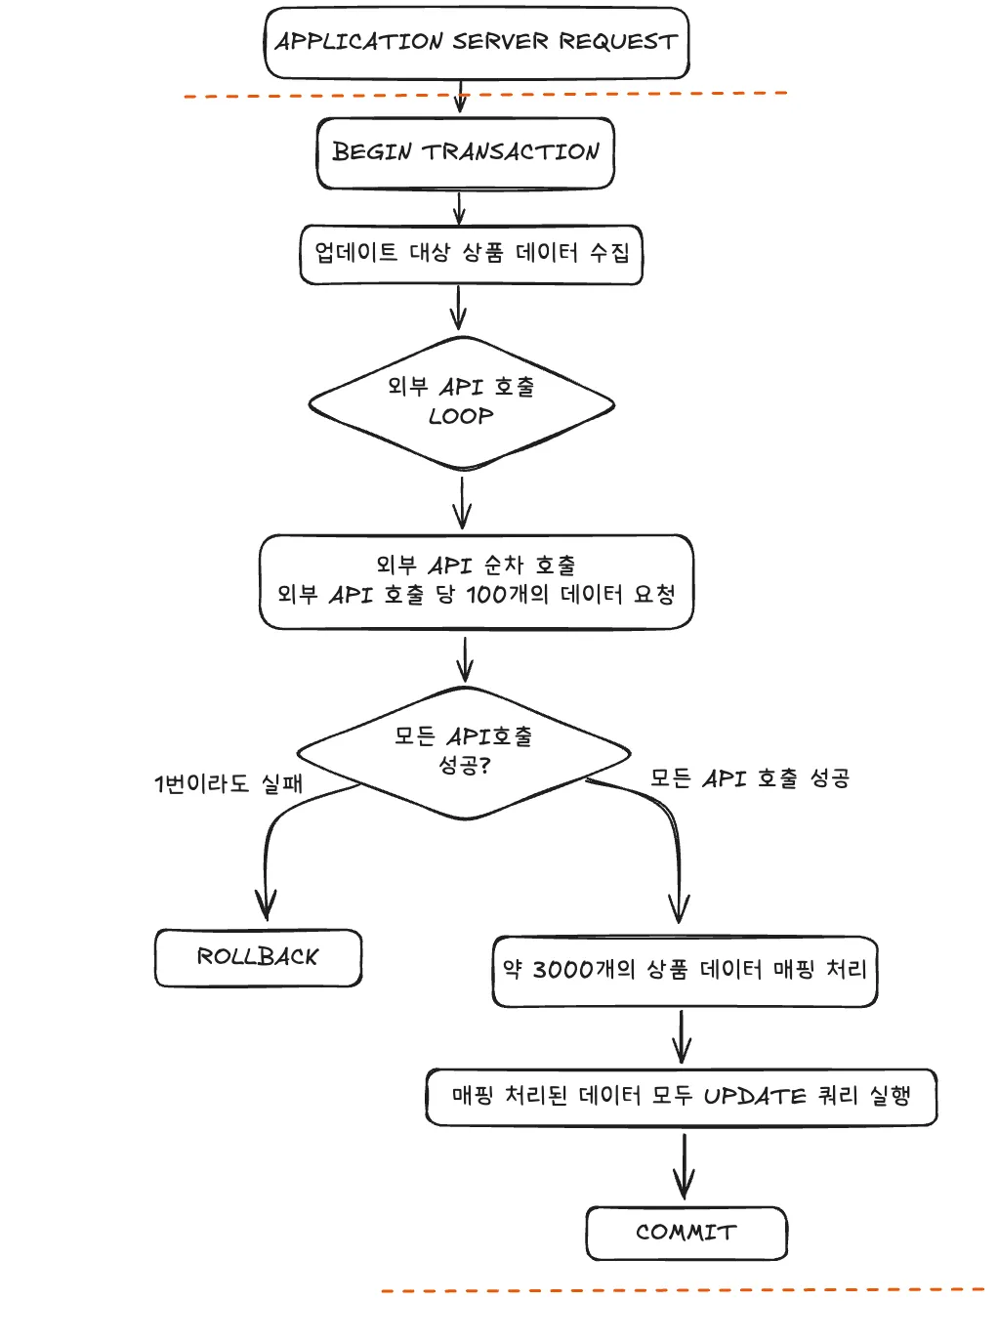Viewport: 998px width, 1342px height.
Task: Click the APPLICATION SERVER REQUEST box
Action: (x=477, y=42)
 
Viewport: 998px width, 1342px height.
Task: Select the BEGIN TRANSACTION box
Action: (x=465, y=152)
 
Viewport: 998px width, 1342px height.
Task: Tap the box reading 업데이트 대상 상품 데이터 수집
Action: (x=471, y=254)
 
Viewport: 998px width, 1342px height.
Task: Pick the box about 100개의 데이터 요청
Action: (x=476, y=581)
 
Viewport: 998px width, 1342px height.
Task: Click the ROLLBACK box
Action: (x=258, y=957)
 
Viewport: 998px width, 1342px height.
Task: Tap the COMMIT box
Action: (x=686, y=1233)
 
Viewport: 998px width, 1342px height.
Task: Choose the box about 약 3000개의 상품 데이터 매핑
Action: (x=685, y=970)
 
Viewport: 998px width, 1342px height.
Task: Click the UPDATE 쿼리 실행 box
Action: (x=681, y=1097)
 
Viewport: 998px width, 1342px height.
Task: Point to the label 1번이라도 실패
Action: (x=229, y=783)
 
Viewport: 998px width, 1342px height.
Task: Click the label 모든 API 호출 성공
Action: (x=750, y=778)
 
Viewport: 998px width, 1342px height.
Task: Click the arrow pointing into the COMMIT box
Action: (x=684, y=1167)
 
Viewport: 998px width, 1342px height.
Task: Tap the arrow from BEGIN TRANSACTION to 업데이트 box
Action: (x=459, y=207)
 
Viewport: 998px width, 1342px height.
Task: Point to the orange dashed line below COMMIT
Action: (x=684, y=1290)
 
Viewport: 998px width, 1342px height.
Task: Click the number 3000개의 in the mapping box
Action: (x=583, y=970)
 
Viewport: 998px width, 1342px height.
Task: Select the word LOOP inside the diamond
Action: (x=461, y=416)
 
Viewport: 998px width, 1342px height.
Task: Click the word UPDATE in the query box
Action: (x=754, y=1097)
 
